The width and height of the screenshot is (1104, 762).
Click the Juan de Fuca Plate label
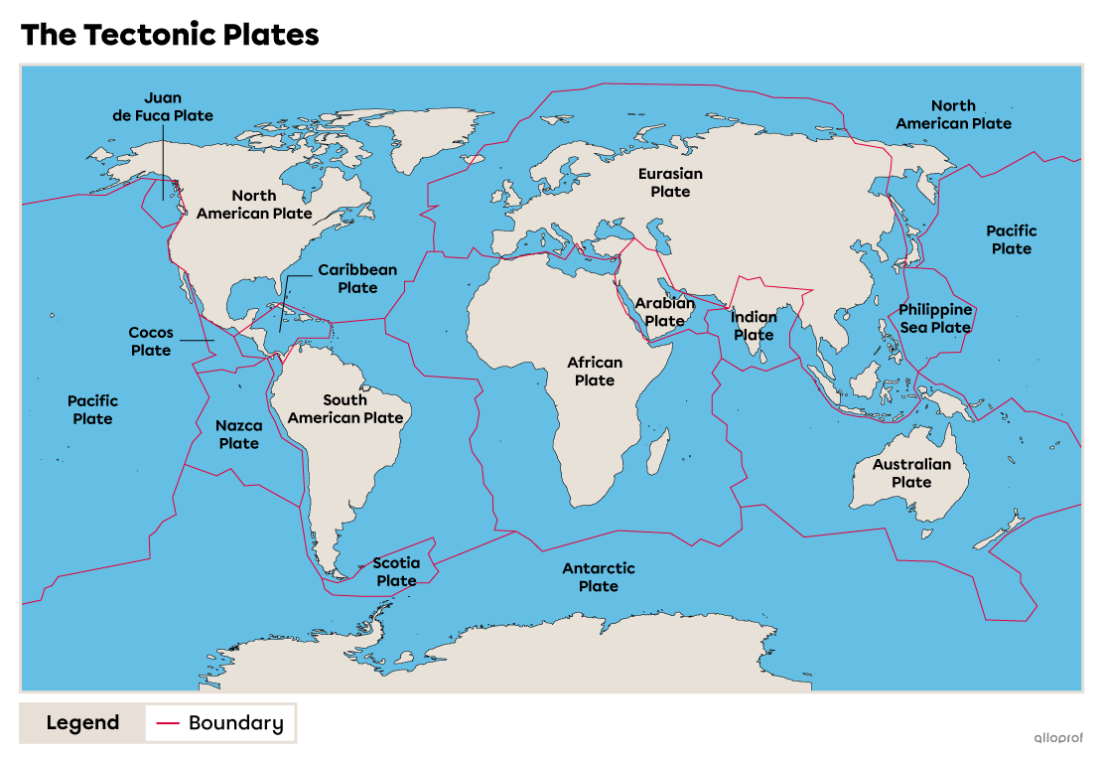coord(163,106)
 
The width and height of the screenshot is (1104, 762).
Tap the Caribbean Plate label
coord(357,279)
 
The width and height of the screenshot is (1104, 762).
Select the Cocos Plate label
coord(151,342)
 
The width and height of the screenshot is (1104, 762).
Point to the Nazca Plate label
coord(239,434)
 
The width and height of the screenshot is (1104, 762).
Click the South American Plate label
coord(345,408)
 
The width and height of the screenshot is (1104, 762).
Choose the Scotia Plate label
coord(396,571)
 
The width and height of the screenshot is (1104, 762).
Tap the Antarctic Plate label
coord(599,577)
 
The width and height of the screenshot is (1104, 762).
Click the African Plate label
coord(595,372)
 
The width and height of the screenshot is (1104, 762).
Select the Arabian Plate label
coord(665,312)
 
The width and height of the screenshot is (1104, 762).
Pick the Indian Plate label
coord(754,326)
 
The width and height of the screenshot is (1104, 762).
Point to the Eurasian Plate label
coord(670,182)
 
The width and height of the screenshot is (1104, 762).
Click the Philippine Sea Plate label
coord(935,318)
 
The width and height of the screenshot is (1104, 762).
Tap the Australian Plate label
coord(911,473)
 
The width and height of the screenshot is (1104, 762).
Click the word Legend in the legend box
coord(82,723)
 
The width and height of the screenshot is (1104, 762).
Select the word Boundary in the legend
coord(235,723)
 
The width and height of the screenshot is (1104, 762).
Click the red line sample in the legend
coord(168,723)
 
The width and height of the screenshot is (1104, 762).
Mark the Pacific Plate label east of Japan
coord(1011,239)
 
